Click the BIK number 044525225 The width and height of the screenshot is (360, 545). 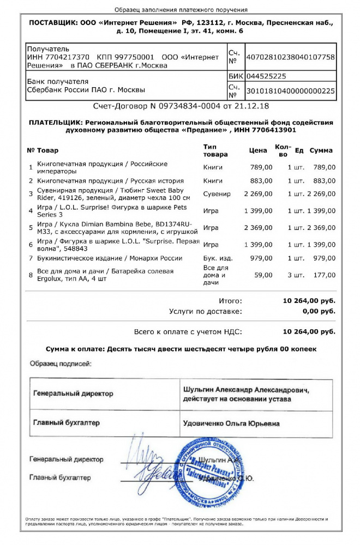pyautogui.click(x=266, y=76)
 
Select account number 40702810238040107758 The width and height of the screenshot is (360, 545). pyautogui.click(x=291, y=57)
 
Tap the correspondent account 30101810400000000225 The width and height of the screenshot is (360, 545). pyautogui.click(x=291, y=91)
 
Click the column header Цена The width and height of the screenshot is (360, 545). pyautogui.click(x=258, y=150)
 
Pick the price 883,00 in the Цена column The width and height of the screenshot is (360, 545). pyautogui.click(x=262, y=180)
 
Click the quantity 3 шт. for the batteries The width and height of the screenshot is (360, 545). pyautogui.click(x=297, y=275)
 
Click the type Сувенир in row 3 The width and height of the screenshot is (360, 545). pyautogui.click(x=217, y=193)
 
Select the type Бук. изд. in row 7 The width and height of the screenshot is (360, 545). pyautogui.click(x=217, y=258)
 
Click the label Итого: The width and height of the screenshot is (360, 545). pyautogui.click(x=230, y=300)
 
